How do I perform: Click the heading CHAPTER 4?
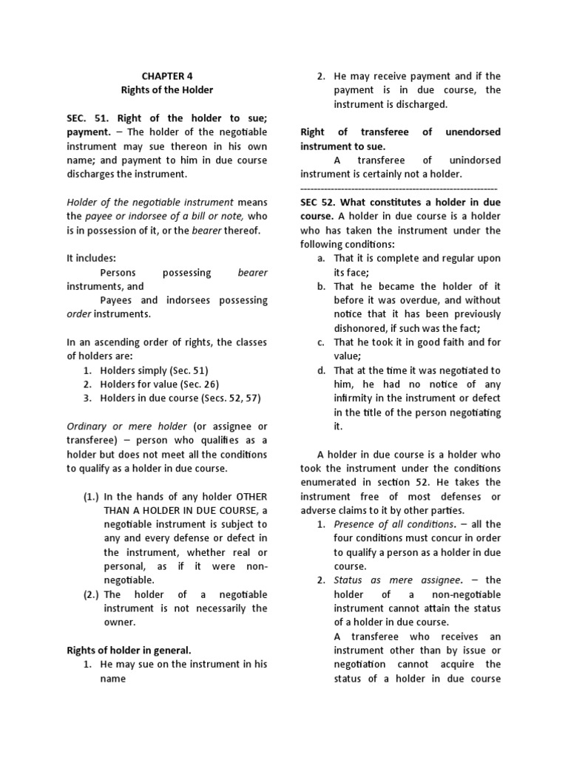coord(166,75)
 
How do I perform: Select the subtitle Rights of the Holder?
coord(166,89)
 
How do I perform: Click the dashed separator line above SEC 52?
coord(399,189)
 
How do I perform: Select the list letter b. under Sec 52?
coord(321,286)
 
